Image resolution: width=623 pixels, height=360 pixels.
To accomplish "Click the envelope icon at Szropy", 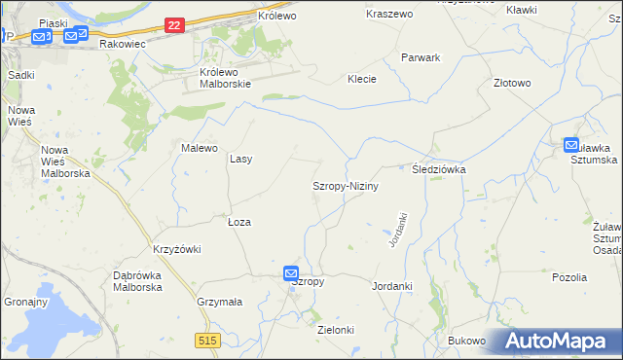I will [x=291, y=274].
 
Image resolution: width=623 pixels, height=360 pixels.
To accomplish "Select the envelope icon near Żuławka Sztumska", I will [x=571, y=145].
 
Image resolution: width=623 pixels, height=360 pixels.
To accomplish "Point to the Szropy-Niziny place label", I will [x=345, y=185].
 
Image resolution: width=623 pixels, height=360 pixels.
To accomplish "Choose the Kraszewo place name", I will [x=389, y=15].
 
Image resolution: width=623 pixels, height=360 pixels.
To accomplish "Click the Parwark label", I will [x=421, y=57].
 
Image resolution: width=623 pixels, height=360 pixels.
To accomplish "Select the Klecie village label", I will [x=362, y=79].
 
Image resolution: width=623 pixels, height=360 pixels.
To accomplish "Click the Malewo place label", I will [x=199, y=148].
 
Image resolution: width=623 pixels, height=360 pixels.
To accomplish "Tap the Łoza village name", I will [x=239, y=222].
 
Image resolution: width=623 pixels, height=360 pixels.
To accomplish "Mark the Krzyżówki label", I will [x=176, y=249].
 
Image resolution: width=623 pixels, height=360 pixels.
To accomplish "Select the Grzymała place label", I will [x=219, y=302].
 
